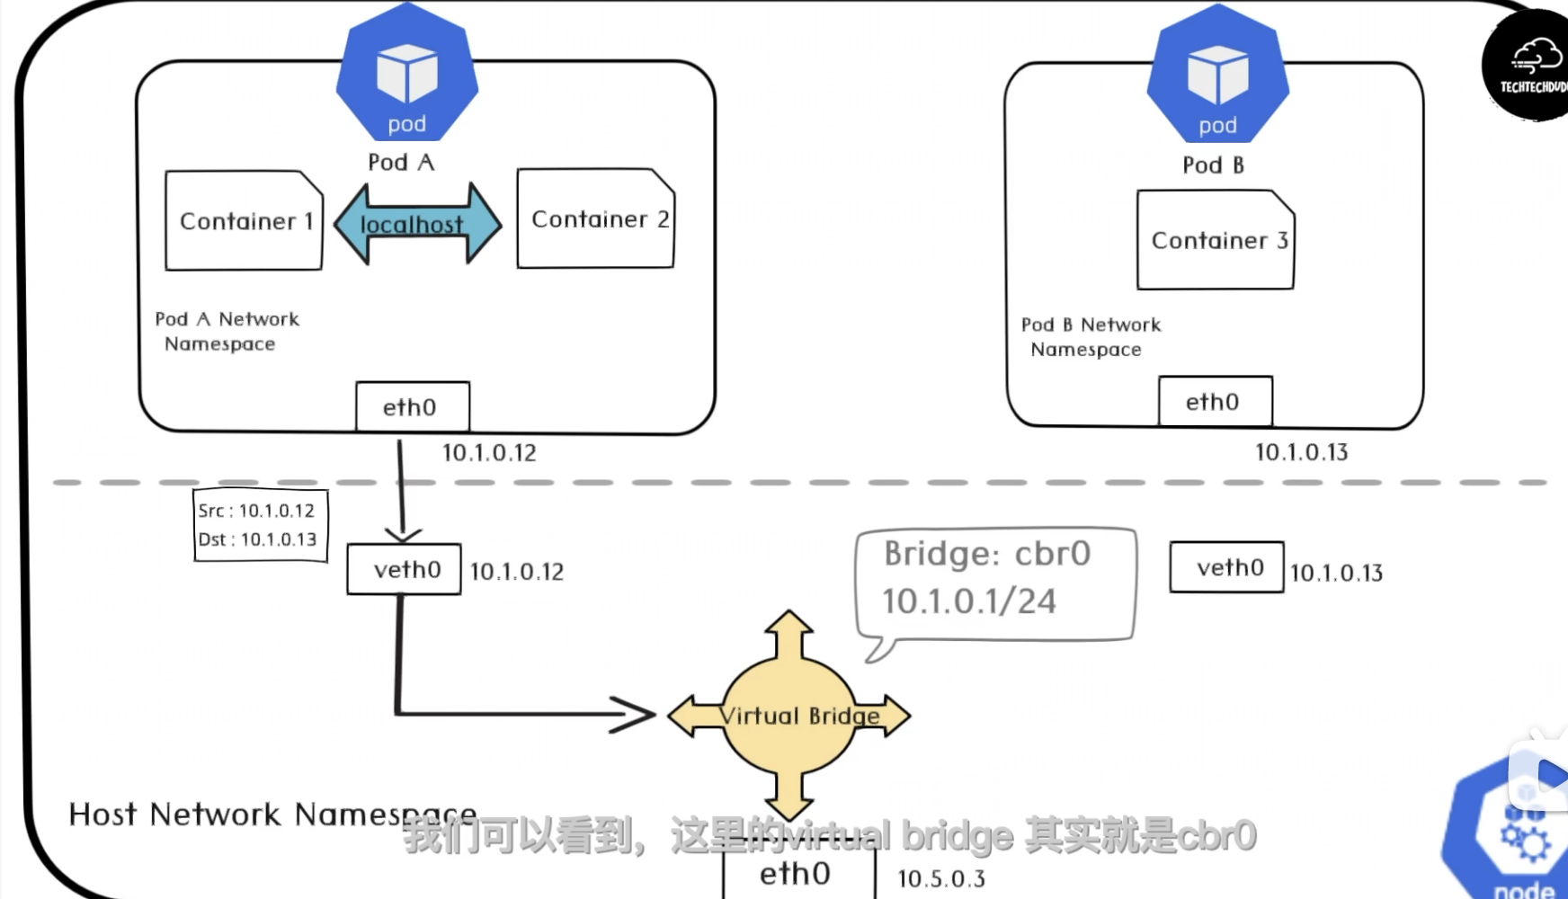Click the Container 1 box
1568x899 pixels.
pos(244,220)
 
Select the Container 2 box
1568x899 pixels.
pos(595,218)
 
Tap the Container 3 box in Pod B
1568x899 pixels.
pos(1216,240)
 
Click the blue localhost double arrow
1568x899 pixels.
pos(417,224)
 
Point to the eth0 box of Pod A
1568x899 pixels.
pos(413,407)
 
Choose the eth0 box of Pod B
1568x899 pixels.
pos(1215,402)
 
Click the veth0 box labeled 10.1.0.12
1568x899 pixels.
pos(405,569)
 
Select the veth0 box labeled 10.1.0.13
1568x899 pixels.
pos(1226,567)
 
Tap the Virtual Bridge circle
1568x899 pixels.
pos(789,716)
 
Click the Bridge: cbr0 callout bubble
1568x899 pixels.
pos(995,583)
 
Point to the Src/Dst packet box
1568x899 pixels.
pos(260,525)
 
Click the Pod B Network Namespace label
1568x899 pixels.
pos(1090,337)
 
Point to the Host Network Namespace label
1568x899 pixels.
pos(272,814)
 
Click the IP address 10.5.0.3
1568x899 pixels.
pos(940,878)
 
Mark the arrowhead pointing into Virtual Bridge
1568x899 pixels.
pos(637,715)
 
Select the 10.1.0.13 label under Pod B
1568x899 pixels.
pos(1301,452)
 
